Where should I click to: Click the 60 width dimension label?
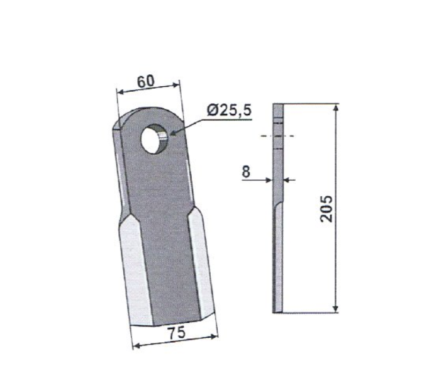[x=146, y=81]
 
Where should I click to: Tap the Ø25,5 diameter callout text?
[x=229, y=110]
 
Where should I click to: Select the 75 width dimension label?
[x=177, y=333]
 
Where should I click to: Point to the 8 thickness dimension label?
[x=246, y=172]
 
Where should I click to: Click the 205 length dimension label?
[x=326, y=209]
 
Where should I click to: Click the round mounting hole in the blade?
[x=155, y=139]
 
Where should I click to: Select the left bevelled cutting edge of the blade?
[x=135, y=271]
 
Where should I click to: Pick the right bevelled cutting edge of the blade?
[x=201, y=263]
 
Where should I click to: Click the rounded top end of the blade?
[x=148, y=115]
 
